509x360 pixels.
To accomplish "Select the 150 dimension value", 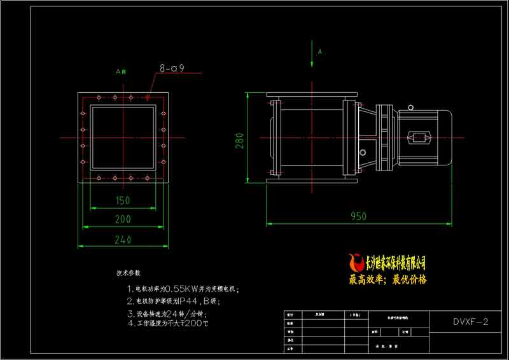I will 123,200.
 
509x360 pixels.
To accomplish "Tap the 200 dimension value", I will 123,219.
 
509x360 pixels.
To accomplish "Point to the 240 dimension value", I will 123,240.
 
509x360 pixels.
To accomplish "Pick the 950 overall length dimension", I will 358,216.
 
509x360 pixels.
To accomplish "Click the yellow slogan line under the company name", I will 388,279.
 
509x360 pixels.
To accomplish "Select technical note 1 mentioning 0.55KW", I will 183,289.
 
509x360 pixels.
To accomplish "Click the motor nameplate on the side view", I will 419,137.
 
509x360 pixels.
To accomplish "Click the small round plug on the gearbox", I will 363,153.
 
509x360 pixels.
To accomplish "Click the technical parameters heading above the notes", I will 128,273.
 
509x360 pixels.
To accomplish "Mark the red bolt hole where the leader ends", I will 148,97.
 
